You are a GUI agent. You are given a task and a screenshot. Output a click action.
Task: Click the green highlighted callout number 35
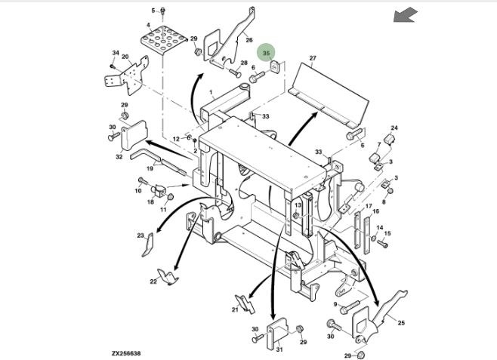point(266,54)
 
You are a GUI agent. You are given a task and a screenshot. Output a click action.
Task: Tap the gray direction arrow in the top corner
point(406,14)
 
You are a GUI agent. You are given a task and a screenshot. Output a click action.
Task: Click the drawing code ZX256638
point(126,352)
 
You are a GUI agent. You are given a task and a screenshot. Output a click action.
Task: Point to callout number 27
point(312,58)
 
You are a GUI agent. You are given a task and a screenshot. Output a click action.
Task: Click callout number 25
point(401,322)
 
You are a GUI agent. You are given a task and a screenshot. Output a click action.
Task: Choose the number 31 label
point(278,349)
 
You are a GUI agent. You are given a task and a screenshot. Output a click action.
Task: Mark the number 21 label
point(235,309)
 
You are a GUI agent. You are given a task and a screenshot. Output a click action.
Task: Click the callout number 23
point(140,236)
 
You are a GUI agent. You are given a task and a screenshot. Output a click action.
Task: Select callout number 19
point(149,169)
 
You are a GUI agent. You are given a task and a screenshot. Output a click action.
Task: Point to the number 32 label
point(119,156)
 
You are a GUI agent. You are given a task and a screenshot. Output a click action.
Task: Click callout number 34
point(116,53)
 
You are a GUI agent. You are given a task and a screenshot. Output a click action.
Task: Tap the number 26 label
point(248,39)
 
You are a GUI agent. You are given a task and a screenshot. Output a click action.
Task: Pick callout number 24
point(394,128)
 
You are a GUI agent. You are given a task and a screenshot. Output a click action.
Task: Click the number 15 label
point(387,233)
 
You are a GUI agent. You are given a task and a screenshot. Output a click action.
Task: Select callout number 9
point(335,304)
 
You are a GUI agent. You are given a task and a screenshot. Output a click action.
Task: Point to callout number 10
point(138,190)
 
